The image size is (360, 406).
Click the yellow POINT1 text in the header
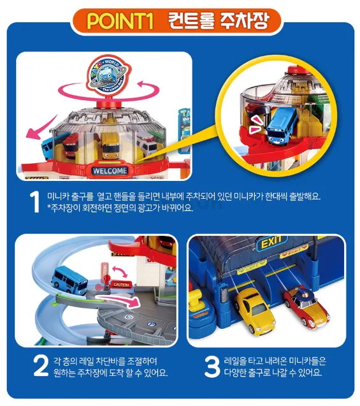coord(120,20)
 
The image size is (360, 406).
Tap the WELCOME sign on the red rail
coord(110,171)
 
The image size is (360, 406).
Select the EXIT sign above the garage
coord(271,243)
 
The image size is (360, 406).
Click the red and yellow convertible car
coord(306,306)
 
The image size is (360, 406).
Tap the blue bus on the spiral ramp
coord(69,280)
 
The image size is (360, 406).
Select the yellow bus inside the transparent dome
coord(110,146)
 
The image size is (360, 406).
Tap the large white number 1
coord(35,202)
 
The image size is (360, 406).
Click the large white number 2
coord(41,366)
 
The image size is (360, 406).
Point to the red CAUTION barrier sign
coord(121,284)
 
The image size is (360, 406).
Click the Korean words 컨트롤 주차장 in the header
coord(219,20)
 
